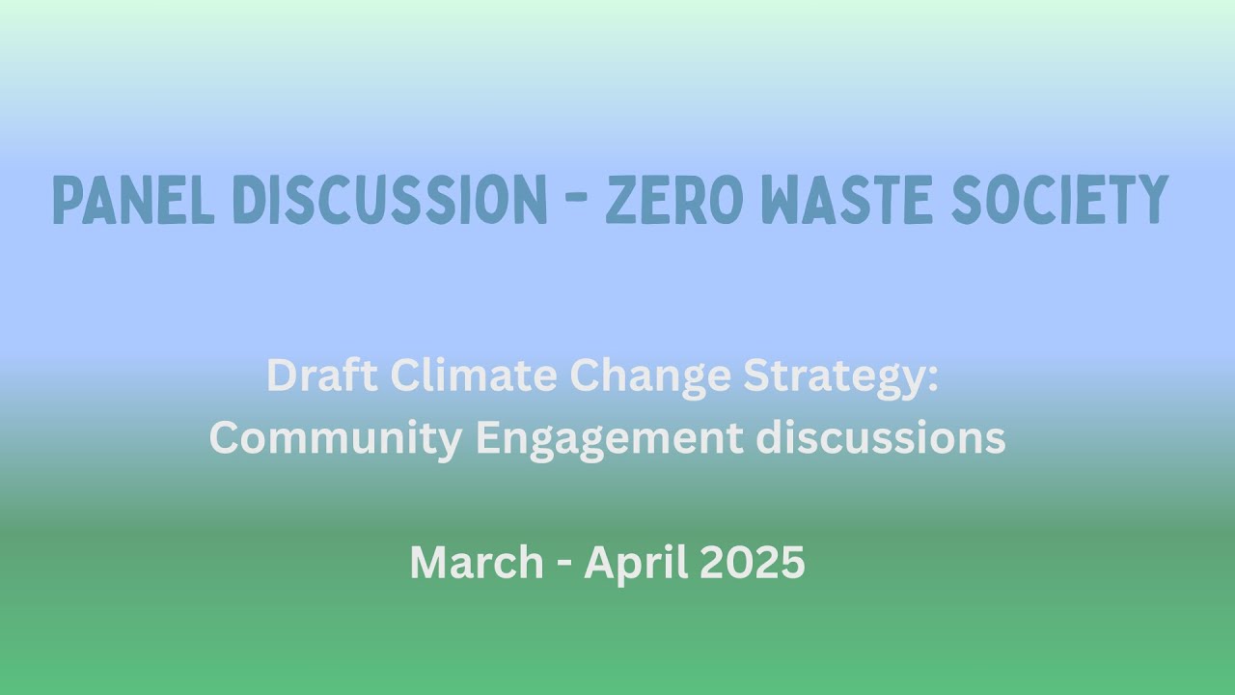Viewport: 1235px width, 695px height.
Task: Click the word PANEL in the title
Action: click(x=133, y=201)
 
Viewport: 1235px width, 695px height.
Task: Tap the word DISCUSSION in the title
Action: click(x=391, y=201)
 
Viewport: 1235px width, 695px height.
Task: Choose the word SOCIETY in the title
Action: click(x=1059, y=201)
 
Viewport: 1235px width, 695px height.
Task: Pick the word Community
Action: click(x=336, y=439)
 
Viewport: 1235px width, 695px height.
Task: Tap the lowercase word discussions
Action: click(x=881, y=439)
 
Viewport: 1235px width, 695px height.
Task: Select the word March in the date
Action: click(x=477, y=562)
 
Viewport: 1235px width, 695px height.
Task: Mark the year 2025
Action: click(x=752, y=562)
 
